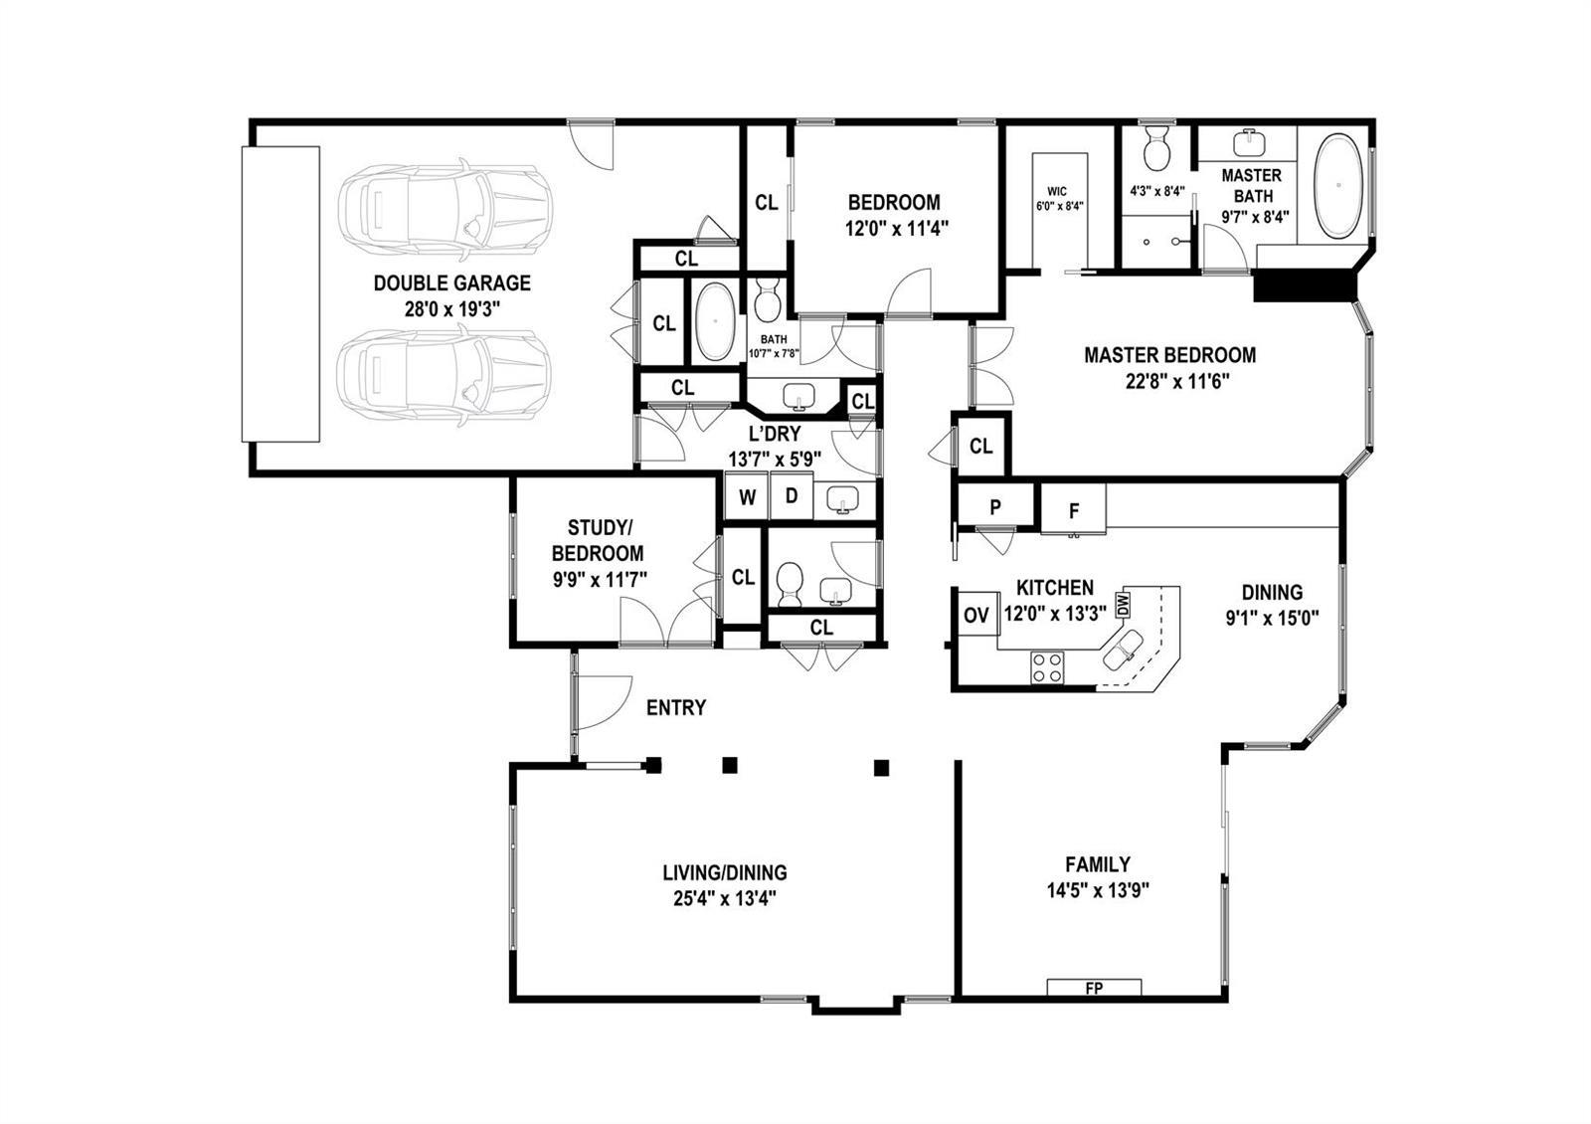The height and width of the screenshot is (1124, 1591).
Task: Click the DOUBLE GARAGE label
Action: pos(451,282)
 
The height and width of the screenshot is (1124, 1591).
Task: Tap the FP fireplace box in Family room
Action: pos(1094,988)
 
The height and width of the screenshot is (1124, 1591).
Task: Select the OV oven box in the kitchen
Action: pos(976,616)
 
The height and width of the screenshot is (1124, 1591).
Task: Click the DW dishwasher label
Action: pos(1123,605)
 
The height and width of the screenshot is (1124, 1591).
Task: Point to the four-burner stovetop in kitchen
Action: pos(1048,667)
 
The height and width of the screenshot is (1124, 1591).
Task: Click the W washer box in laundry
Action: pos(747,496)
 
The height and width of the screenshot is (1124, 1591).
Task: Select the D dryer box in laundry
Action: pos(792,496)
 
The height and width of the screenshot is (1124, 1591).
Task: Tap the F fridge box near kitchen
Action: pos(1073,509)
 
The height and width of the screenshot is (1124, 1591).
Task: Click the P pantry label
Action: pos(995,507)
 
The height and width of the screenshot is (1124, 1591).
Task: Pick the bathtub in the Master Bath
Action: pos(1338,185)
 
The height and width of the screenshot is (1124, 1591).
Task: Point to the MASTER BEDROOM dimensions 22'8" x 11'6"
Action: pos(1177,382)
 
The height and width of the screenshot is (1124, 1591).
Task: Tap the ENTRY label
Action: pos(676,707)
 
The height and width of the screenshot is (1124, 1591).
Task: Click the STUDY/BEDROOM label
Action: pos(598,541)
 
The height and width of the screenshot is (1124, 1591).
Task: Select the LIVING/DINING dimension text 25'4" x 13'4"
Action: pos(725,899)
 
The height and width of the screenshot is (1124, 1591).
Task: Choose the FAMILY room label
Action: pos(1098,864)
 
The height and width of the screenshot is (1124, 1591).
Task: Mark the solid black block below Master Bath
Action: pos(1306,285)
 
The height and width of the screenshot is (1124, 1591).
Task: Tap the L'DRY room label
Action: pos(775,434)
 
